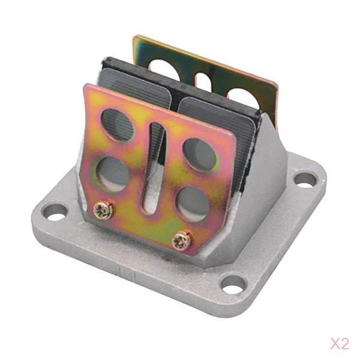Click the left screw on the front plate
[x=103, y=209]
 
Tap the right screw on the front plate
[x=181, y=241]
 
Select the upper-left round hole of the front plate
[x=118, y=125]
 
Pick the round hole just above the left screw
[x=112, y=175]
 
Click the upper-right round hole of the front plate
[x=200, y=155]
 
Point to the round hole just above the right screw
[x=194, y=205]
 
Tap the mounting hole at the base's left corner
[x=55, y=212]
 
